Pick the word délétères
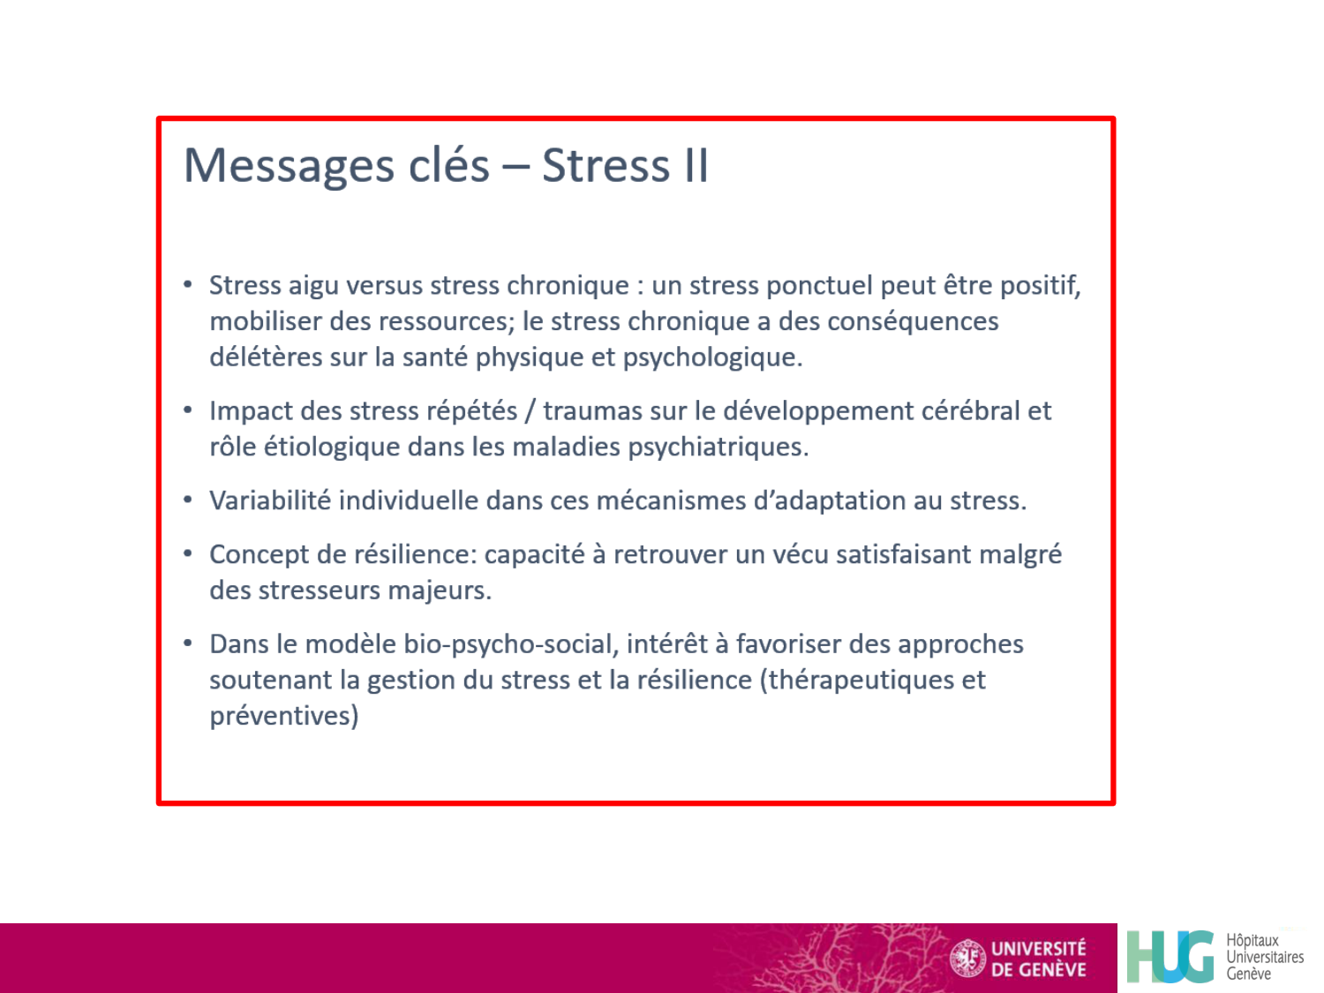[266, 357]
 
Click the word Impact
[251, 411]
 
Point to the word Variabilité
[270, 500]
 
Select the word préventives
[283, 716]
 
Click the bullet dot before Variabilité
[187, 500]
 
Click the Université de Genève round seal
[968, 959]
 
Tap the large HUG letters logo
[1170, 957]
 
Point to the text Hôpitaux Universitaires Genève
[1264, 957]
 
